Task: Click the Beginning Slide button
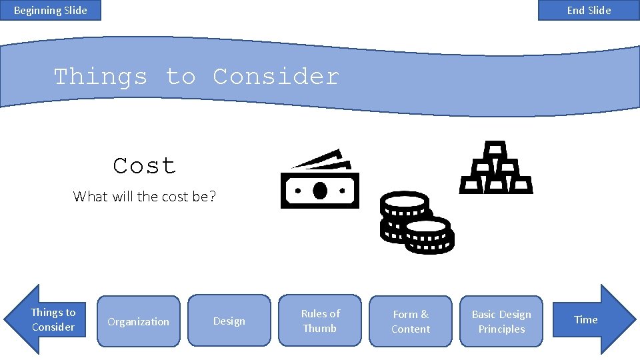pos(51,10)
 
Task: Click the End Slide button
pos(589,10)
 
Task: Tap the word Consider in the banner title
pos(275,77)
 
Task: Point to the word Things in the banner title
pos(100,77)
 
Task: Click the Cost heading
pos(145,165)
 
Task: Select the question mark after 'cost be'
pos(213,197)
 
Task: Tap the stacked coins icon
pos(417,223)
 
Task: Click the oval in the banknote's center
pos(320,190)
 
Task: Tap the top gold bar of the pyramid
pos(495,148)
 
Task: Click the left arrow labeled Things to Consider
pos(47,319)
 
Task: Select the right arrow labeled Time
pos(593,319)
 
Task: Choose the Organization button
pos(139,321)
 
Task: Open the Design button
pos(229,321)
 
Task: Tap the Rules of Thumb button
pos(320,321)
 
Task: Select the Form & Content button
pos(411,321)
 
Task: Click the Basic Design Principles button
pos(501,321)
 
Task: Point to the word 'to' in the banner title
pos(180,77)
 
